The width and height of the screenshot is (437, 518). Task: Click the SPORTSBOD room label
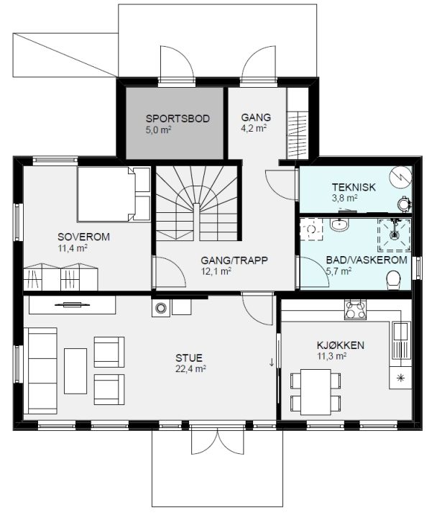[x=178, y=119]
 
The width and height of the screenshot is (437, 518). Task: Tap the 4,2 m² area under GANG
[x=254, y=128]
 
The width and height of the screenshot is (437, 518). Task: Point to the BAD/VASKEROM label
[x=367, y=260]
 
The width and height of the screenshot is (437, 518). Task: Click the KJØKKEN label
[x=341, y=345]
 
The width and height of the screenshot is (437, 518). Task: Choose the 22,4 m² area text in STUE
[x=190, y=368]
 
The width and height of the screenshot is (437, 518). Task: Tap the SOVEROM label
[x=83, y=237]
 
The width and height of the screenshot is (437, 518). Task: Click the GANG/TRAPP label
[x=234, y=260]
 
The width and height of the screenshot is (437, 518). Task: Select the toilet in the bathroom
[x=393, y=280]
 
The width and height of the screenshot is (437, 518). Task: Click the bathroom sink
[x=339, y=224]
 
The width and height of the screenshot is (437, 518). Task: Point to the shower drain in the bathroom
[x=394, y=235]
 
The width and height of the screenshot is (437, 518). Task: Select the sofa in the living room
[x=42, y=371]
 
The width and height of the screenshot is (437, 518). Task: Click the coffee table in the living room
[x=75, y=371]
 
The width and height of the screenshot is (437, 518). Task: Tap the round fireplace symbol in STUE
[x=161, y=308]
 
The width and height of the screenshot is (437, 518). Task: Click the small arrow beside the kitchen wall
[x=272, y=362]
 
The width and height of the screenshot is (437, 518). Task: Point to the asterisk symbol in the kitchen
[x=400, y=378]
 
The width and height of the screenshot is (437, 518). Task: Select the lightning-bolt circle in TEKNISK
[x=400, y=178]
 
